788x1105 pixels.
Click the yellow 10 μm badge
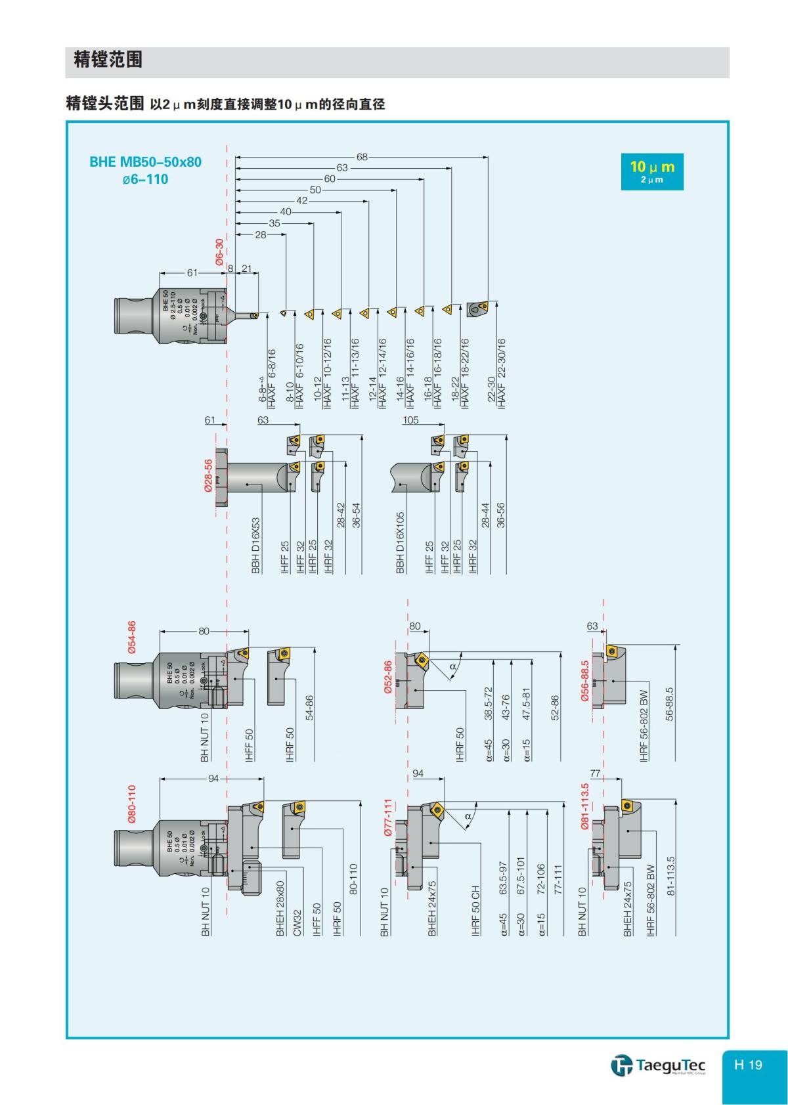click(652, 171)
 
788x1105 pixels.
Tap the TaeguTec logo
click(659, 1064)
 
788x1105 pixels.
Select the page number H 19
click(749, 1064)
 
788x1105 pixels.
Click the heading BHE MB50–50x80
click(145, 162)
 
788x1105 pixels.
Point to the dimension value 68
click(362, 157)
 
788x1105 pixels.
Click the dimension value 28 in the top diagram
click(261, 234)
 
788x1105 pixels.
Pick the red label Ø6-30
click(219, 251)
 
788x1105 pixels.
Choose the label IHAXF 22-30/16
click(502, 374)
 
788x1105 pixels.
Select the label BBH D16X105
click(401, 542)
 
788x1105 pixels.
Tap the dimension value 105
click(410, 420)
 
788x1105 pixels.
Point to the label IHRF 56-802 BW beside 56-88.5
click(644, 726)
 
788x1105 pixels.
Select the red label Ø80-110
click(132, 803)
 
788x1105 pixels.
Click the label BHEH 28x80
click(280, 908)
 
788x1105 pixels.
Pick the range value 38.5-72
click(488, 704)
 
